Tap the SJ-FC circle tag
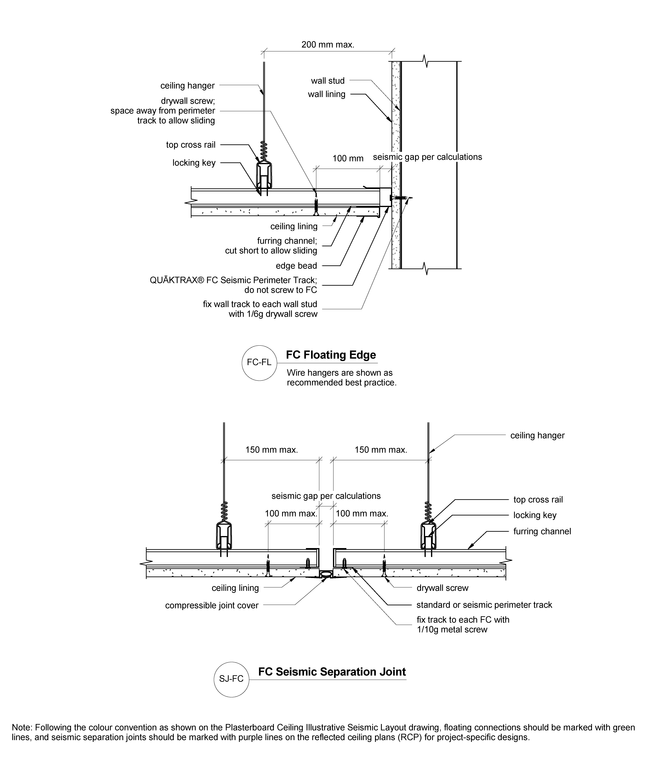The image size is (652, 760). (231, 679)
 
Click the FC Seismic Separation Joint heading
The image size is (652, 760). (332, 672)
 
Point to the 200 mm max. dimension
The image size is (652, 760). (328, 45)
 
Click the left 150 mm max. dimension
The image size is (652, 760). (272, 450)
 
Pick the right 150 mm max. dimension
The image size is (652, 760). (381, 450)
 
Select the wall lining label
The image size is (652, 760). (327, 94)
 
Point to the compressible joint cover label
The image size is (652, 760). (212, 606)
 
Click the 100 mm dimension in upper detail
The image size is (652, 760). (348, 158)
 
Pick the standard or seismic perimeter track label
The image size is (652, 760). (484, 605)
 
